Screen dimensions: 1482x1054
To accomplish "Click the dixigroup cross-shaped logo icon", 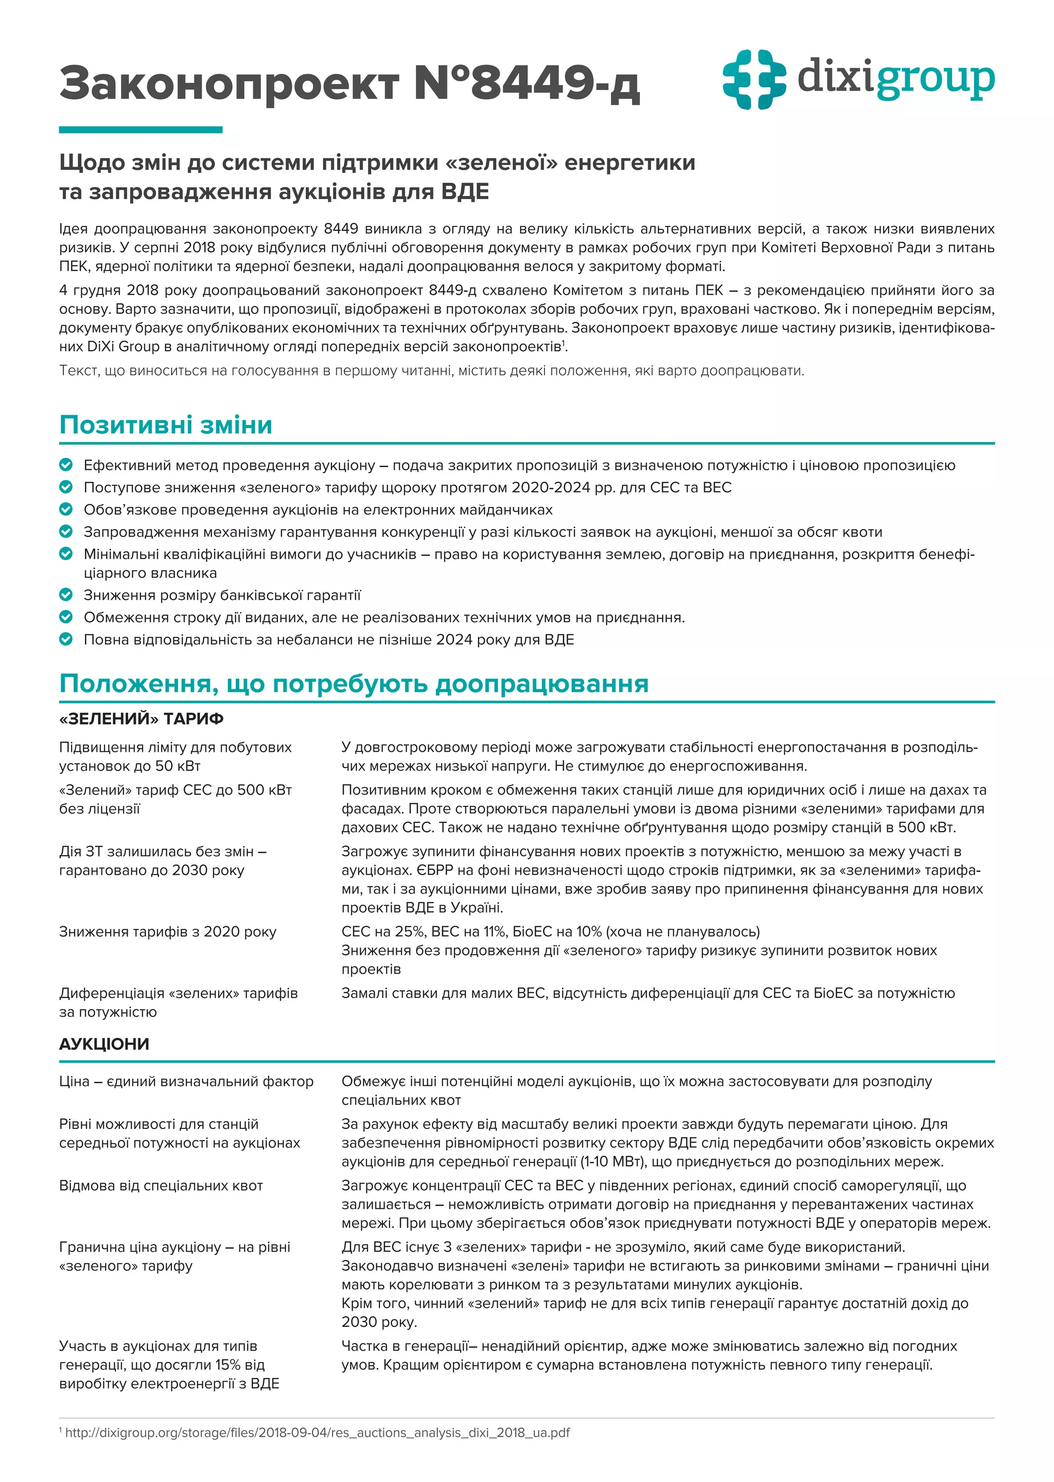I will (753, 79).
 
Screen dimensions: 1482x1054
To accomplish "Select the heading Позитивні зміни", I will (166, 425).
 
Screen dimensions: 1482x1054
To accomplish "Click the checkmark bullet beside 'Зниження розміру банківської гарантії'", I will (65, 594).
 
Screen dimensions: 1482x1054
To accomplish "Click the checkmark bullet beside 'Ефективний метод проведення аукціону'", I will (65, 465).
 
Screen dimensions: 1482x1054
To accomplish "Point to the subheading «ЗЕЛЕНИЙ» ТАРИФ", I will (141, 719).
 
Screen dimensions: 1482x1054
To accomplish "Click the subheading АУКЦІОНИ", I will (104, 1044).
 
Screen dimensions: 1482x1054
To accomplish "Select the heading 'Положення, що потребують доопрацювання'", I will (354, 684).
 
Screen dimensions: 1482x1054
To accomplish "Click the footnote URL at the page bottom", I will (317, 1433).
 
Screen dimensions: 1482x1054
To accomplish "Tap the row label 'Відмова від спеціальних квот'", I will (161, 1186).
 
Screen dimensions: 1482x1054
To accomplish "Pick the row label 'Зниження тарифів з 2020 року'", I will (167, 932).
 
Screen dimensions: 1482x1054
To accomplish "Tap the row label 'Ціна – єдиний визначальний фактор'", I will (186, 1082).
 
